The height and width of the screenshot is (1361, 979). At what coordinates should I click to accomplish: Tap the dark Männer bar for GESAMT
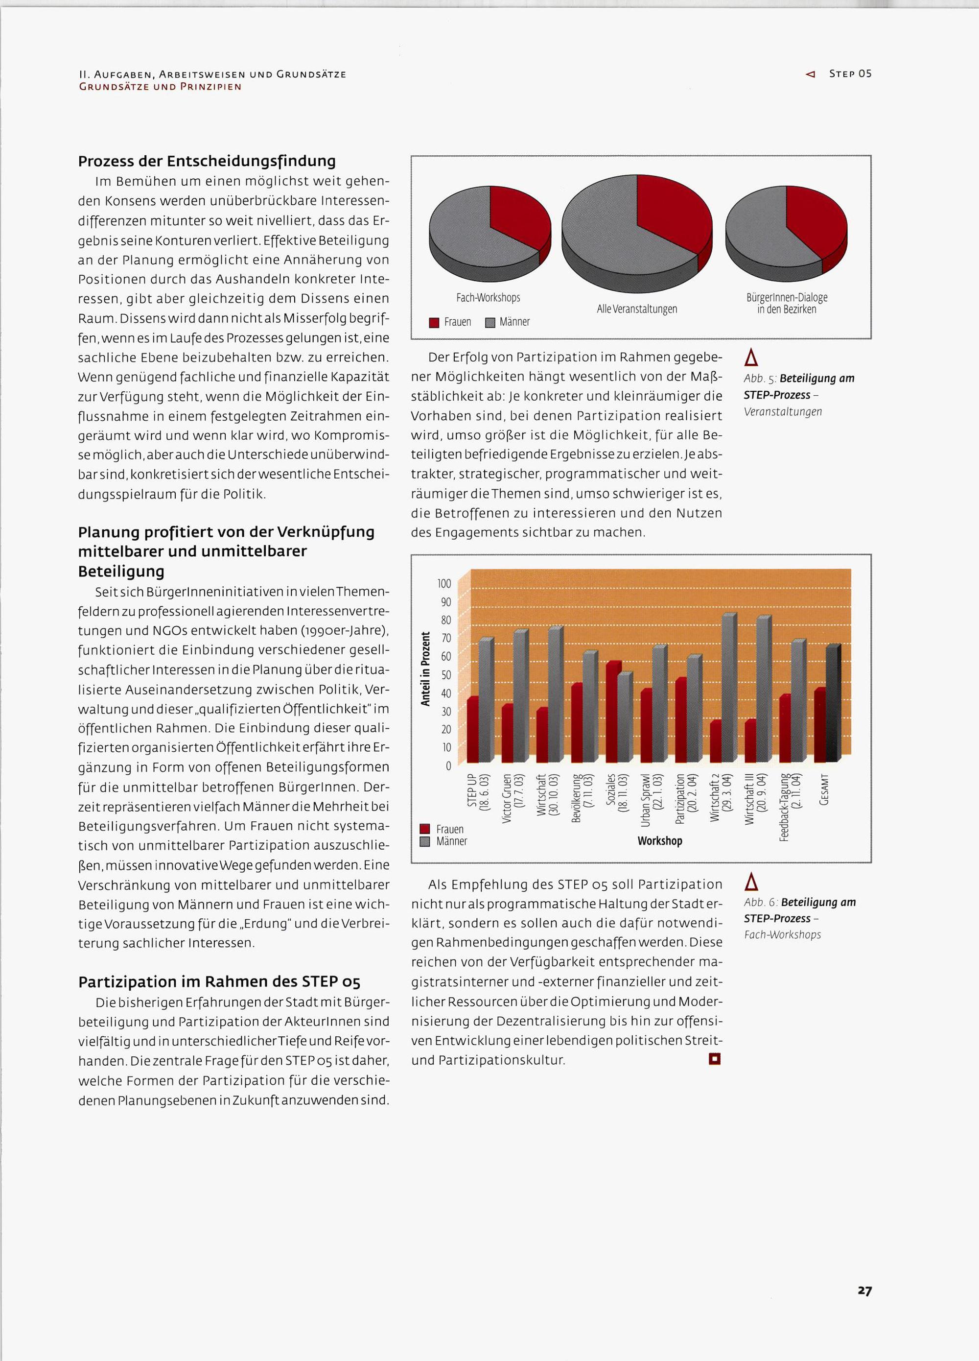click(833, 705)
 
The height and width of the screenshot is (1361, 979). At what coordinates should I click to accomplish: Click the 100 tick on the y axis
click(444, 583)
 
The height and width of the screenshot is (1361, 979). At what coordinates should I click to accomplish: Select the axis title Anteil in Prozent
click(426, 669)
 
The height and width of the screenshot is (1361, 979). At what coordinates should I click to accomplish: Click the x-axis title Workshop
click(660, 841)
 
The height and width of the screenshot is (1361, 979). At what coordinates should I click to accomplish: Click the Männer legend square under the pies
click(489, 323)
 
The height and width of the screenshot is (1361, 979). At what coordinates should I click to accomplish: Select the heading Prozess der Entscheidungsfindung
click(207, 161)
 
